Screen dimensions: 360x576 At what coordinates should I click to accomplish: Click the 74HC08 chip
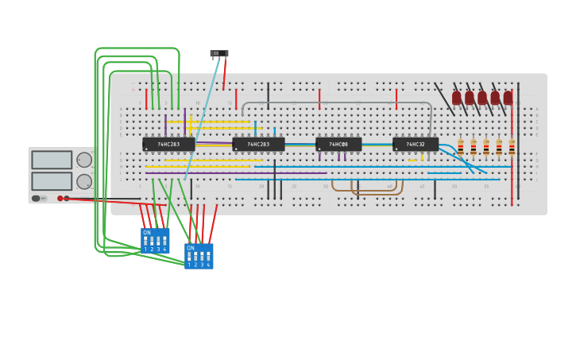[338, 145]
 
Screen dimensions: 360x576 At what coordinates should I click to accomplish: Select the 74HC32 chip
[416, 145]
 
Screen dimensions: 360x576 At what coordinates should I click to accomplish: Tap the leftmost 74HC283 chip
[168, 145]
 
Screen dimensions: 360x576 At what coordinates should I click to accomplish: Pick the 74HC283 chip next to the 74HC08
[258, 145]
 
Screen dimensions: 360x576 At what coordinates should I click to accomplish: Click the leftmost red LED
[457, 98]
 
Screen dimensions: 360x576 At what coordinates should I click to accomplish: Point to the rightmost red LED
[508, 98]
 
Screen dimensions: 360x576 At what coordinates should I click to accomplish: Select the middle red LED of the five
[482, 98]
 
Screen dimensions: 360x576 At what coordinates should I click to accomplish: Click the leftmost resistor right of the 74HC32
[461, 148]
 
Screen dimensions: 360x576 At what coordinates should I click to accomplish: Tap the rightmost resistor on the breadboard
[512, 148]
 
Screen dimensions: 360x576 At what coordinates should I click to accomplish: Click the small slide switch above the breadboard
[219, 53]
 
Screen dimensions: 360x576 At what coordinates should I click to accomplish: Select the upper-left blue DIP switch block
[155, 241]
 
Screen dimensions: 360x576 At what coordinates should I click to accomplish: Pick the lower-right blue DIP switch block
[199, 257]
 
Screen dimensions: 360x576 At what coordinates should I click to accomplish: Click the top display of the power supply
[52, 160]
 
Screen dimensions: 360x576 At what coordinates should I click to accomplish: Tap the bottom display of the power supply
[52, 180]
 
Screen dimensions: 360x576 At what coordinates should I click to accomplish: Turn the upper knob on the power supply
[84, 160]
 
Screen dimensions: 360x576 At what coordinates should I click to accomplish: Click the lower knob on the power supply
[84, 181]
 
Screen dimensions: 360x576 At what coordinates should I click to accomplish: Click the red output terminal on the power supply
[60, 198]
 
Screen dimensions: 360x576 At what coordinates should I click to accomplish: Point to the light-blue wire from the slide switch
[203, 119]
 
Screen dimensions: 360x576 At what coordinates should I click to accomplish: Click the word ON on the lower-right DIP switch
[190, 248]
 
